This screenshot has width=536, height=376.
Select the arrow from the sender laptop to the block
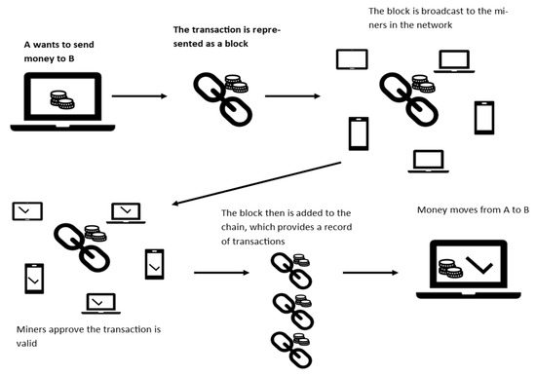point(136,96)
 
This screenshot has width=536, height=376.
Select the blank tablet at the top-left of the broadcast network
point(350,60)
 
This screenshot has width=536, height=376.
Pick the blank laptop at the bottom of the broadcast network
point(426,160)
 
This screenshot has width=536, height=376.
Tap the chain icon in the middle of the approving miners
point(78,244)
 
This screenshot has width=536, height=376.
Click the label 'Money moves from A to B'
point(474,209)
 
